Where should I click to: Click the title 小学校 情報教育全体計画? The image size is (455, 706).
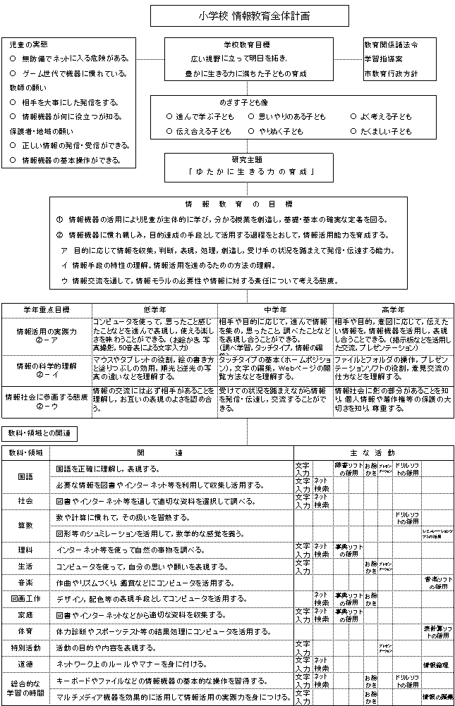tap(244, 15)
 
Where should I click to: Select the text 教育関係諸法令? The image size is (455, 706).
tap(391, 44)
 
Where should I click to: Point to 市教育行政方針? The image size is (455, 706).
tap(391, 73)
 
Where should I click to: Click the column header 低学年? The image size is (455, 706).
tap(154, 309)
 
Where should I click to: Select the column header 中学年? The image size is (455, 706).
tap(275, 309)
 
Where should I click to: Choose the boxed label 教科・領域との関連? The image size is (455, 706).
tap(40, 431)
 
